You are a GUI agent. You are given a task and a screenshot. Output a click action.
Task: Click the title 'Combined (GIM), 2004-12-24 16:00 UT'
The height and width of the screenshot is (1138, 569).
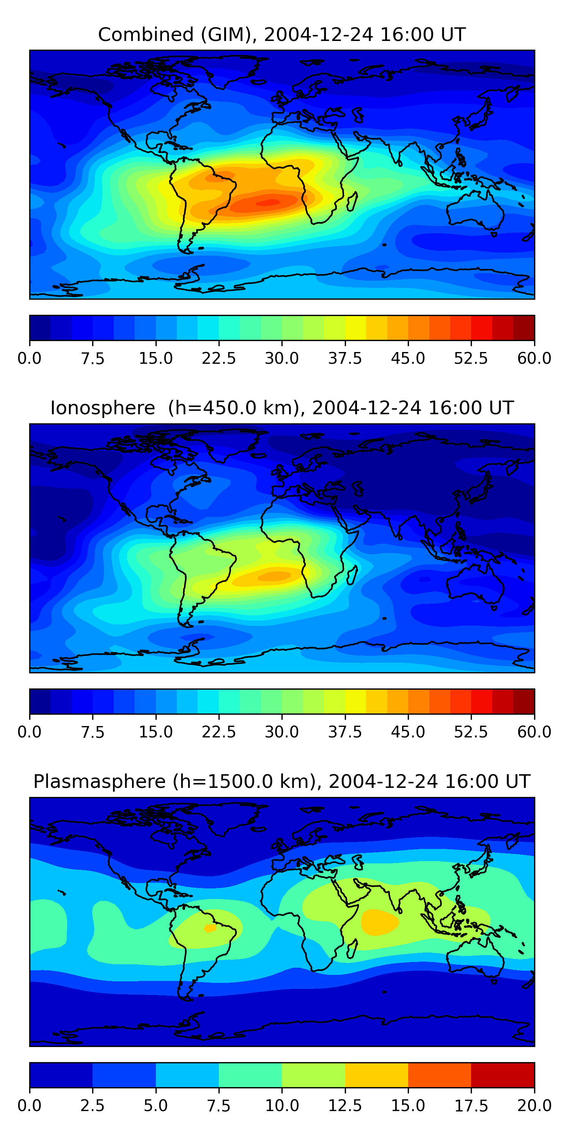pyautogui.click(x=282, y=35)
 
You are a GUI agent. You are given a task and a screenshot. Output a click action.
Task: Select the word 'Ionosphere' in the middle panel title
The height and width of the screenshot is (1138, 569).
pyautogui.click(x=102, y=408)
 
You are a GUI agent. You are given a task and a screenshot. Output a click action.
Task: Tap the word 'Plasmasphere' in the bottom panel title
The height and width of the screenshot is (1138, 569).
pyautogui.click(x=99, y=781)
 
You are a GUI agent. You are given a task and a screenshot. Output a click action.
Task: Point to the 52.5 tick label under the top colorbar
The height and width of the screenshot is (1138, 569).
pyautogui.click(x=471, y=358)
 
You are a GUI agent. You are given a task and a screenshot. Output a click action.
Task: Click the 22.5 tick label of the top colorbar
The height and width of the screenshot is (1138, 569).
pyautogui.click(x=218, y=358)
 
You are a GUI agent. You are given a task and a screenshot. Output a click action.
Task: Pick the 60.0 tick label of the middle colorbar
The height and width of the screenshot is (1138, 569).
pyautogui.click(x=534, y=732)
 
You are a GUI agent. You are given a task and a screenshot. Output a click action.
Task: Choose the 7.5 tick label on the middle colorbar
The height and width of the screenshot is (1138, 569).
pyautogui.click(x=92, y=732)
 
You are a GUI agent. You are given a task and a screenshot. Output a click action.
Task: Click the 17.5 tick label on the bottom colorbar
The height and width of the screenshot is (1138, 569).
pyautogui.click(x=471, y=1106)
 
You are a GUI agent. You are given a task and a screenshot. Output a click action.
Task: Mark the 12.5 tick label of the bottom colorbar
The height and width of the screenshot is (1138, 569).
pyautogui.click(x=344, y=1106)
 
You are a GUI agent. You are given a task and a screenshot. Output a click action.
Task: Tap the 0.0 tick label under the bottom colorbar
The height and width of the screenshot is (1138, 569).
pyautogui.click(x=30, y=1106)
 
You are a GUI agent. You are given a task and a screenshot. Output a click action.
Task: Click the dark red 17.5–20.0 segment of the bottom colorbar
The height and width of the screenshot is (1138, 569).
pyautogui.click(x=503, y=1075)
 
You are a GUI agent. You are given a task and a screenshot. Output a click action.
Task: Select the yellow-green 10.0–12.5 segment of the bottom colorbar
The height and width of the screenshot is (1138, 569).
pyautogui.click(x=313, y=1075)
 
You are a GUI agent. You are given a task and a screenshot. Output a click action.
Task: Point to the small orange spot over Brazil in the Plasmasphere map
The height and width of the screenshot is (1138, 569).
pyautogui.click(x=210, y=928)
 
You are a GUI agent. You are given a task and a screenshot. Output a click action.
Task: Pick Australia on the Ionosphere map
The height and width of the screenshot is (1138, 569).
pyautogui.click(x=475, y=583)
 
